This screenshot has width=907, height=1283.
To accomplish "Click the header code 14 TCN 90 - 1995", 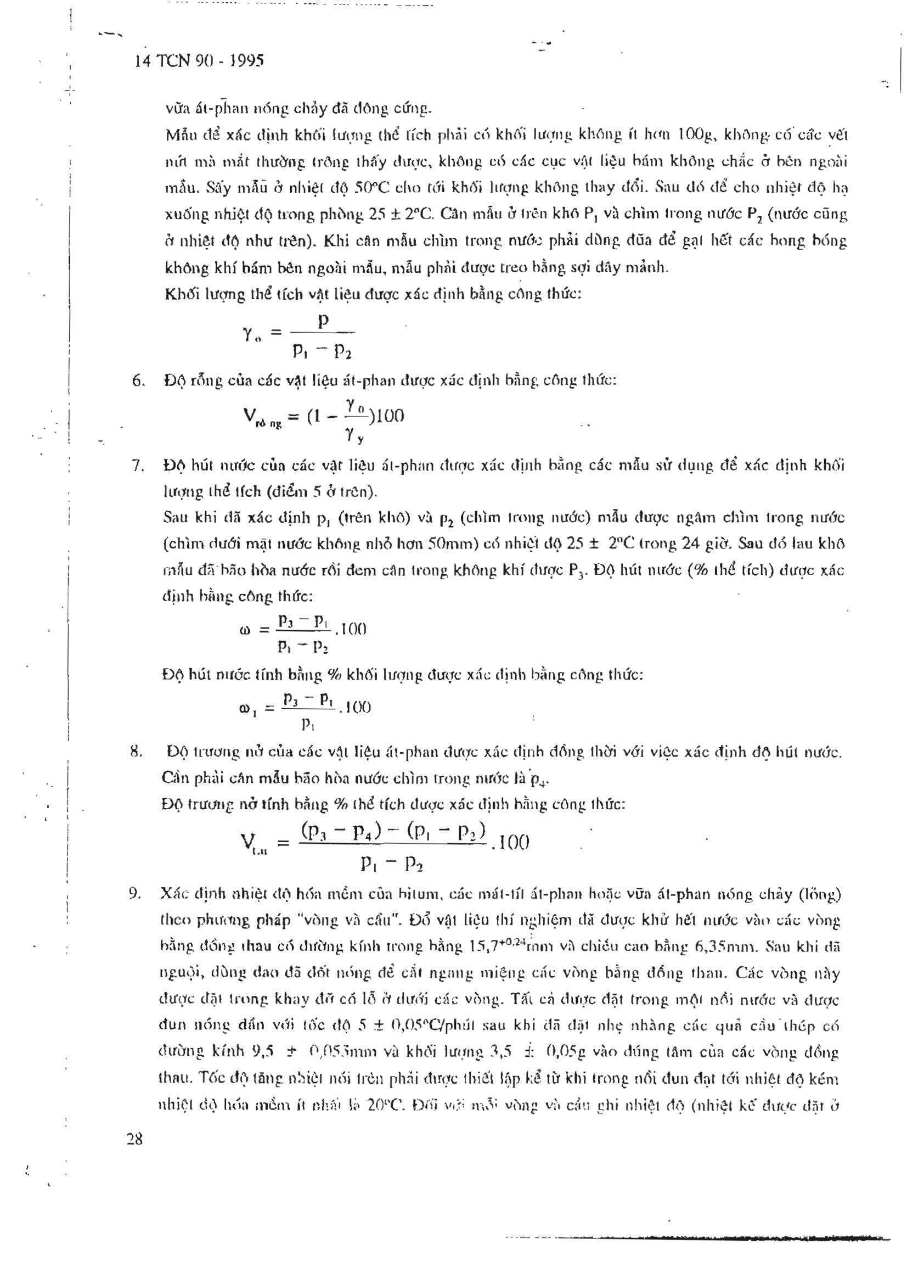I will tap(199, 61).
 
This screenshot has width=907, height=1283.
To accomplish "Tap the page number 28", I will tap(134, 1138).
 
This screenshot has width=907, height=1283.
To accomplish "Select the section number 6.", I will tap(138, 381).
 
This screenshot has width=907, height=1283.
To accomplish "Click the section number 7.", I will tap(138, 466).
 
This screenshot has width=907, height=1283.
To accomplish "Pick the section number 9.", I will tap(134, 894).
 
